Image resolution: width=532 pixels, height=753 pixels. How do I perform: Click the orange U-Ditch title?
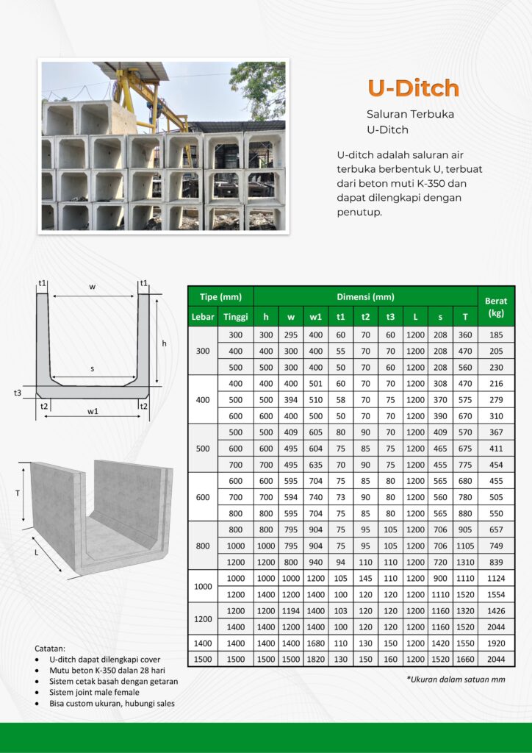tap(413, 88)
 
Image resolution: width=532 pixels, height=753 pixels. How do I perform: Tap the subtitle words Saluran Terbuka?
tap(410, 115)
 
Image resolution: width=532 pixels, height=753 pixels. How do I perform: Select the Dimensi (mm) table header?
tap(365, 297)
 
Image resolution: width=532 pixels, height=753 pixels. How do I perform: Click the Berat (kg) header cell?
tap(496, 307)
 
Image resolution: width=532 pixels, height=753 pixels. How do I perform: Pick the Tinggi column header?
tap(235, 317)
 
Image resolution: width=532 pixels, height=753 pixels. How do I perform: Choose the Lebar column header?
tap(203, 317)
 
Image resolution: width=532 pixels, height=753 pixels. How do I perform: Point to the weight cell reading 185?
tap(496, 335)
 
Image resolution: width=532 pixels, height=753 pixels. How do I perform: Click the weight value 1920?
tap(496, 643)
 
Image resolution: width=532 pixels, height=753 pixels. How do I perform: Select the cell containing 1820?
tap(315, 659)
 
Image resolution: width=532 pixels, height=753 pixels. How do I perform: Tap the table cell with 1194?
tap(291, 610)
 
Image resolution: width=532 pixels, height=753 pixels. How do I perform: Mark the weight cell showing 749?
tap(496, 546)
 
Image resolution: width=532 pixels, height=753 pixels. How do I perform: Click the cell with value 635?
tap(315, 465)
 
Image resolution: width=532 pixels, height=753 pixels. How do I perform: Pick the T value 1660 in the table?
tap(464, 659)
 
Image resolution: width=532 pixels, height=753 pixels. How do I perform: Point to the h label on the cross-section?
tap(164, 343)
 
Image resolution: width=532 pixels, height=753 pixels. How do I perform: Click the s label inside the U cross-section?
tap(93, 368)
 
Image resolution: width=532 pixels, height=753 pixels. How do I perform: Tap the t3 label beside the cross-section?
tap(18, 393)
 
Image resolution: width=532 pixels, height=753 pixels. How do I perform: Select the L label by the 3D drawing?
tap(36, 552)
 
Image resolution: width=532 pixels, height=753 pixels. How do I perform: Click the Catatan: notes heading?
tap(50, 649)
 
